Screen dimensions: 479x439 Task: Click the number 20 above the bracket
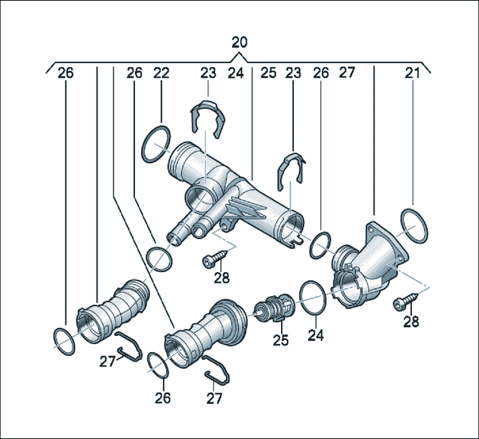(x=239, y=42)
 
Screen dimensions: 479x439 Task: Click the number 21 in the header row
(x=413, y=73)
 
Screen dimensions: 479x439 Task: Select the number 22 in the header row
(x=161, y=73)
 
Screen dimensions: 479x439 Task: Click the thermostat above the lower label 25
(x=275, y=309)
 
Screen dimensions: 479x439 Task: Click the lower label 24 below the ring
(x=315, y=335)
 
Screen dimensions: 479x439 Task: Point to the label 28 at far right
(x=411, y=322)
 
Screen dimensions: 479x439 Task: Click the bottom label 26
(x=163, y=397)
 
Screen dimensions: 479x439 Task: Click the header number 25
(x=268, y=73)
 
